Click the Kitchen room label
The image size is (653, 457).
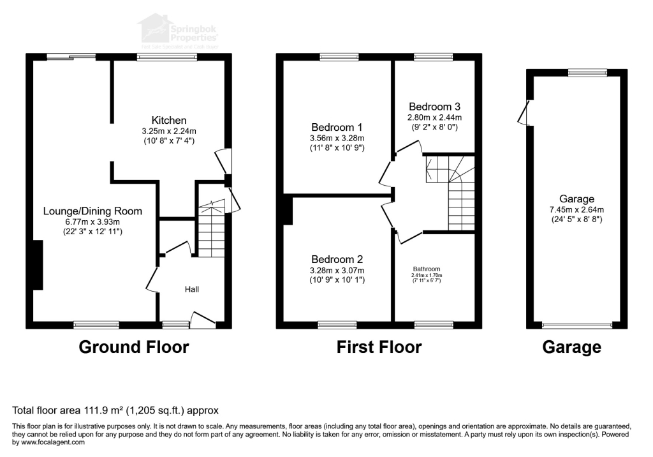pos(169,121)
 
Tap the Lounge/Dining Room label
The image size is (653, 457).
pos(92,211)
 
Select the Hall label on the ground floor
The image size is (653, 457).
pos(192,290)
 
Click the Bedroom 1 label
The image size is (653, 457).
pos(336,126)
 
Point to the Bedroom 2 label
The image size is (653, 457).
pos(337,260)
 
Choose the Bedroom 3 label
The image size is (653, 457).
pos(435,107)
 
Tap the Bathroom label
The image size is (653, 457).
pos(427,269)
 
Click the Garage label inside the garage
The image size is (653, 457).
pos(577,199)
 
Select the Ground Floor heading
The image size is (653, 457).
pos(134,347)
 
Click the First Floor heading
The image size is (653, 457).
pos(379,347)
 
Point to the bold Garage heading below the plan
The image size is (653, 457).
pos(571,347)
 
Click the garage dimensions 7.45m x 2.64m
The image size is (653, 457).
pos(577,209)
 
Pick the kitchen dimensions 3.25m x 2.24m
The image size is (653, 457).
pos(169,131)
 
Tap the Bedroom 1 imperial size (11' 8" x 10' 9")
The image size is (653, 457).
pos(336,148)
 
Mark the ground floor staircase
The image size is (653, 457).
pos(210,230)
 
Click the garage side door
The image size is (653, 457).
pos(525,113)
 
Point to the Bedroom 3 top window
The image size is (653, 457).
pos(434,57)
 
